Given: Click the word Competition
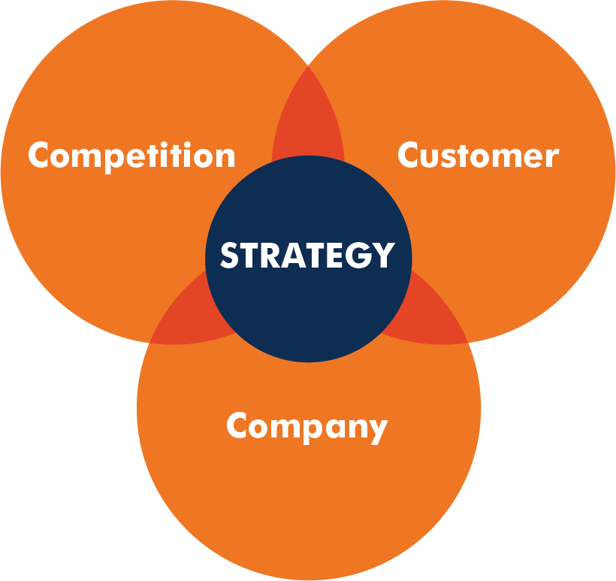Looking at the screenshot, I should coord(131,156).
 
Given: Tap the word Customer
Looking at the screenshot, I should coord(478,156).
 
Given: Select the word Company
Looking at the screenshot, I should coord(306,427).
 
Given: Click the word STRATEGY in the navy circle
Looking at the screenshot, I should coord(307,256).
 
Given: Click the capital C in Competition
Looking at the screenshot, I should coord(40,156).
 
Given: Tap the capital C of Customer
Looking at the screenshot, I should coord(409,156).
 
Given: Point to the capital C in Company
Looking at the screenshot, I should coord(238,425).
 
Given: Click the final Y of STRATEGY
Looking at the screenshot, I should coord(384,256).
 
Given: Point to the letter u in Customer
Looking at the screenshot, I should coord(432,157).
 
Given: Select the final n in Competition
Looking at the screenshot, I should coord(225,157).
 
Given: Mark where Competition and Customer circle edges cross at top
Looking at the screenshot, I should coord(308,66).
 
